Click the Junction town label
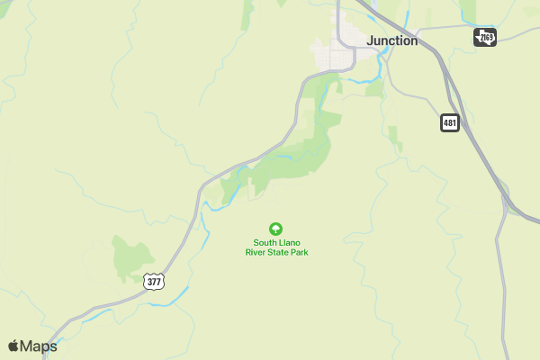(391, 40)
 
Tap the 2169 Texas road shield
(485, 36)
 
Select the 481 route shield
(450, 121)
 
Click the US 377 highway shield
(154, 282)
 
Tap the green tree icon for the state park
(276, 229)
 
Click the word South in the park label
(265, 242)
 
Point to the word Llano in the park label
(294, 242)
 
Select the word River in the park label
(258, 253)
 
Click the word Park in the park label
(300, 253)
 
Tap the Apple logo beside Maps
(13, 346)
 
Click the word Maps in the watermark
(39, 346)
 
